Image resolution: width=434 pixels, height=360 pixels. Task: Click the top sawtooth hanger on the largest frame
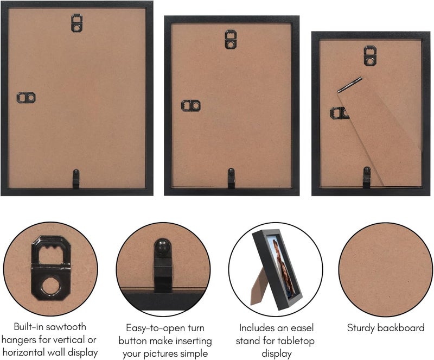[x=76, y=23]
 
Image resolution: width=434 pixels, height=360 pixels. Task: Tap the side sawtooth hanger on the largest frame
[x=26, y=98]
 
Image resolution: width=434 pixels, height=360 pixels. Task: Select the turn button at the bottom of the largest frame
[x=76, y=179]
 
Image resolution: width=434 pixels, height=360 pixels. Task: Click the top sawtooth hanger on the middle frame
[x=231, y=39]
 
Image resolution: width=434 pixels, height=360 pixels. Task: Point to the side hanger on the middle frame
[x=191, y=105]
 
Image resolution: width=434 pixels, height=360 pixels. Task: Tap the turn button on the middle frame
[x=232, y=178]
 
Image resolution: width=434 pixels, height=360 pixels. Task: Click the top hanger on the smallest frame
[x=370, y=56]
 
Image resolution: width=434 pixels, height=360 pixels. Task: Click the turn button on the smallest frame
[x=367, y=178]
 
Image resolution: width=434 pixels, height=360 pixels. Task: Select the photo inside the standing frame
[x=281, y=266]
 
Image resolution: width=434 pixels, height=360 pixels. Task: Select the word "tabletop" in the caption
[x=296, y=341]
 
